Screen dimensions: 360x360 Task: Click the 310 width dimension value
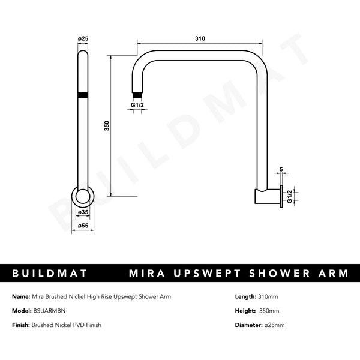(200, 38)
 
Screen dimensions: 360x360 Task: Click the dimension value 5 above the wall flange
(280, 170)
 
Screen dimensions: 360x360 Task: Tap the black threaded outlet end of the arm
(137, 94)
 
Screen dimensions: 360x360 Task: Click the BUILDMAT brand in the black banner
(50, 274)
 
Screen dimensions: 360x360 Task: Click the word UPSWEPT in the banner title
(204, 274)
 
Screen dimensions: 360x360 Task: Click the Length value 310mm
(267, 296)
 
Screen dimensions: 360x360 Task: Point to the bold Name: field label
(21, 296)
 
